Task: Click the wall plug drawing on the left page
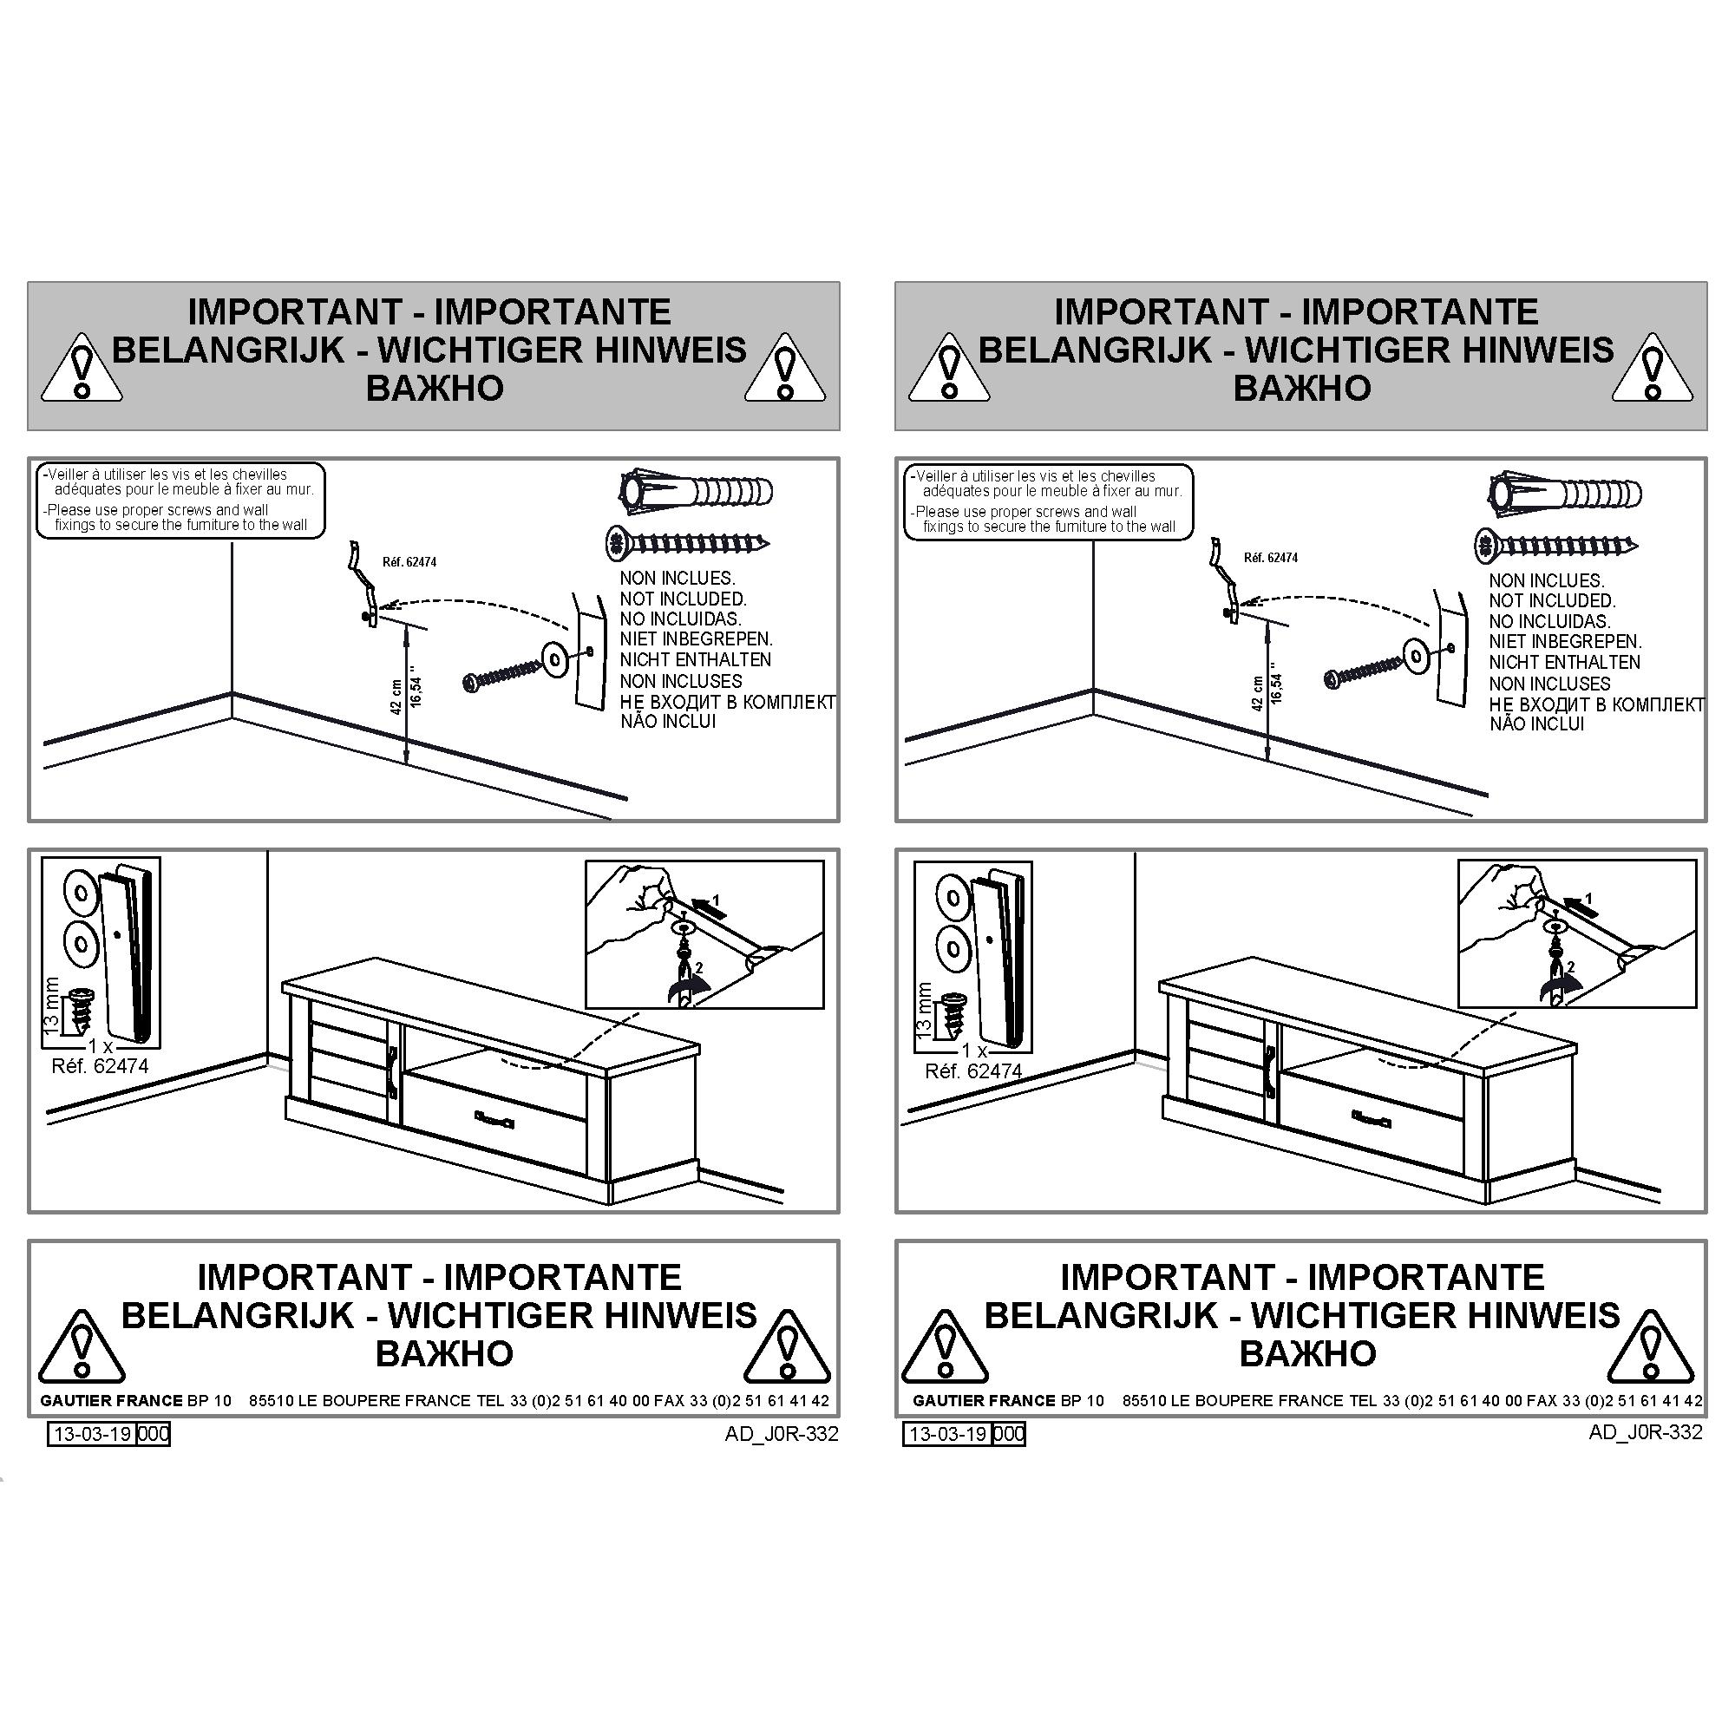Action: tap(696, 491)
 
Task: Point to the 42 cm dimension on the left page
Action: tap(396, 696)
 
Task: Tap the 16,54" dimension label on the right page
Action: tap(1276, 688)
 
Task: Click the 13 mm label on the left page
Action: tap(52, 1005)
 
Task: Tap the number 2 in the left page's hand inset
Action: tap(699, 968)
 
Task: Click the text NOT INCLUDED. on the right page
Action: tap(1552, 601)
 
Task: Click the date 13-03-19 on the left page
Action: tap(93, 1433)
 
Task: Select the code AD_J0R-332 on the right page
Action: tap(1645, 1431)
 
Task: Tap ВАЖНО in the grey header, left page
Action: tap(435, 388)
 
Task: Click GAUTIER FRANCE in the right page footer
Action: tap(985, 1400)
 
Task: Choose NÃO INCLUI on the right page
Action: tap(1536, 723)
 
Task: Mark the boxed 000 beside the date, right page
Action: tap(1010, 1433)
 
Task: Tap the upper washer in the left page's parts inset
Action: tap(79, 893)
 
